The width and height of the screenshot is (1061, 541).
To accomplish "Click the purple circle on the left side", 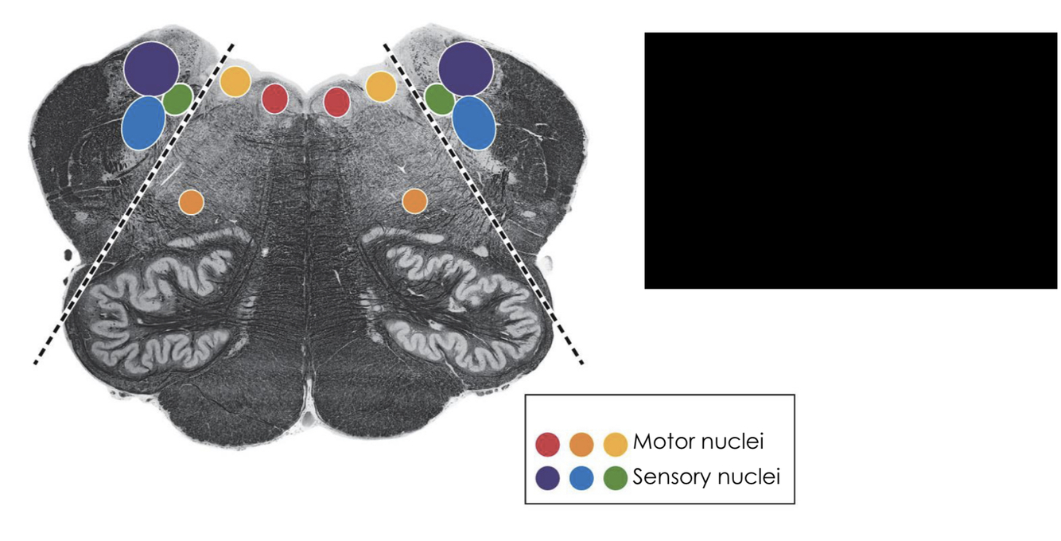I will [151, 68].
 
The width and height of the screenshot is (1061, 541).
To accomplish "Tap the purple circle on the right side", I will [465, 68].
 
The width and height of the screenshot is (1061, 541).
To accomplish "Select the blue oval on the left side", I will [144, 123].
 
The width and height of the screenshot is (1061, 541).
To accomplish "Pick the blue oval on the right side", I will [475, 123].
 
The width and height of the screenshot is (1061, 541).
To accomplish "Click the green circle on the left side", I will [177, 99].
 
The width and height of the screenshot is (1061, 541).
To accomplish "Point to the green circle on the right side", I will [439, 99].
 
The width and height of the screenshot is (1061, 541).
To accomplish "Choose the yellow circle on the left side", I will [235, 82].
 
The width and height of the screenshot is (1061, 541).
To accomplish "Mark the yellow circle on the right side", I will [381, 86].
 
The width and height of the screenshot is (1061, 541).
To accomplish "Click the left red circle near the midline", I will [274, 99].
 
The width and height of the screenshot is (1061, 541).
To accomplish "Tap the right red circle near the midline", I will [336, 102].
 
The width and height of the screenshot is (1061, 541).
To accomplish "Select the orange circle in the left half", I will [191, 202].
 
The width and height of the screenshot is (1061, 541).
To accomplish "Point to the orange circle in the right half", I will [414, 201].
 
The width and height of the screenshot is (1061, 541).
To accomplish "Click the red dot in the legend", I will [548, 443].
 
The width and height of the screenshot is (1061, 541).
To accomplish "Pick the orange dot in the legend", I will [581, 443].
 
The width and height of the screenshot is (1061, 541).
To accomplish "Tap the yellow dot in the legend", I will [616, 443].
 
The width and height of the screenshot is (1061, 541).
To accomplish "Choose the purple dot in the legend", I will [548, 478].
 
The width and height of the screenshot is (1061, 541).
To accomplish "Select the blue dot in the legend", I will [581, 478].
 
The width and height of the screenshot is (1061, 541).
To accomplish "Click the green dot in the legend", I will [616, 478].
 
